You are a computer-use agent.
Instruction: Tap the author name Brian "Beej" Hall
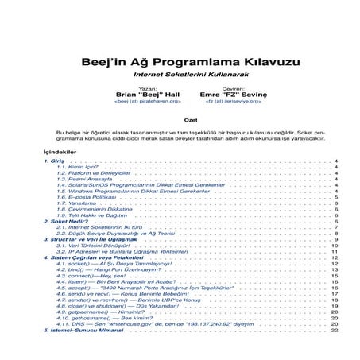pos(148,95)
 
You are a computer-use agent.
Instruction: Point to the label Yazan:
pos(147,88)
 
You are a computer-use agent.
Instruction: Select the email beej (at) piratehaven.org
pos(148,102)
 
